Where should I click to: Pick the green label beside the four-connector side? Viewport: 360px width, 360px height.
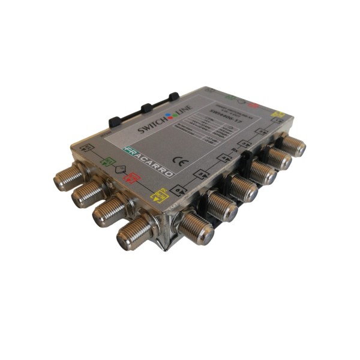[x=109, y=161]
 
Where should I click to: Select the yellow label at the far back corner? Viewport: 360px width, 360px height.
[x=278, y=113]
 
